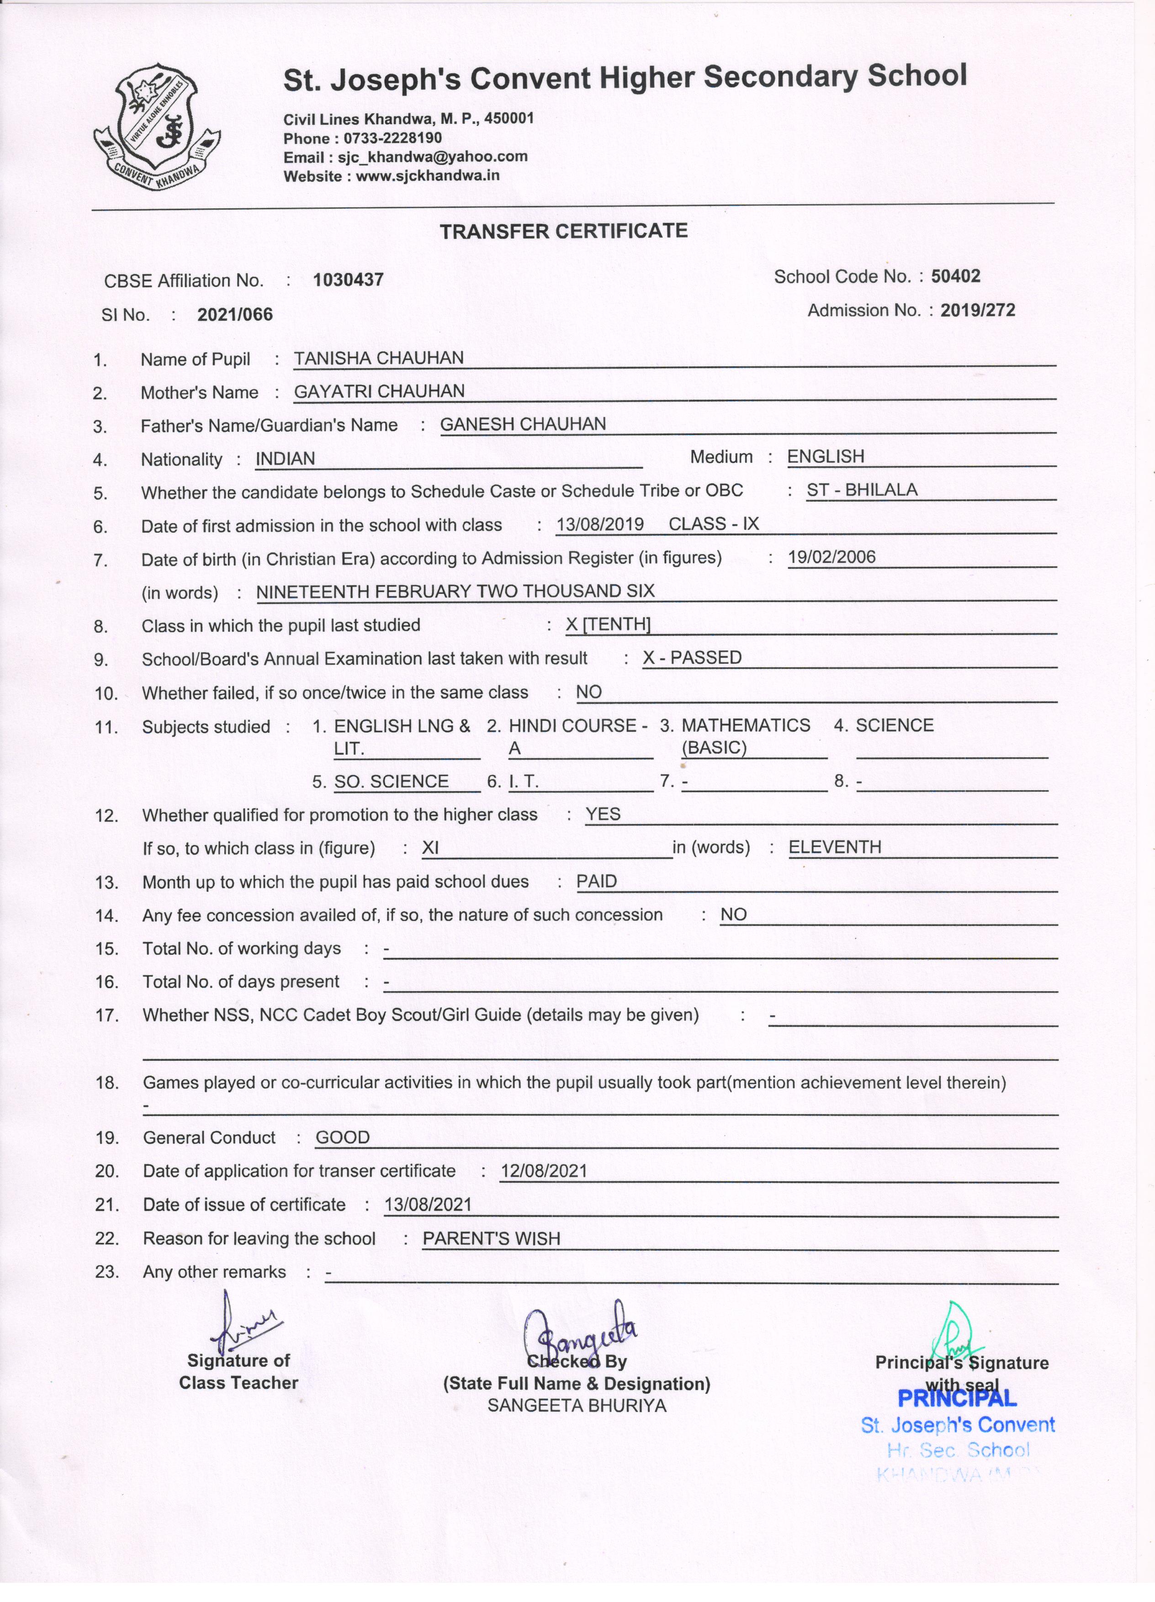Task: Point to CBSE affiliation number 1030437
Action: coord(348,280)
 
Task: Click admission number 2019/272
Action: coord(977,310)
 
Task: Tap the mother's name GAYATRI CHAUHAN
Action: coord(379,391)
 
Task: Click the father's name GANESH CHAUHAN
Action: coord(523,424)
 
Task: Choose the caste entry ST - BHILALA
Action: coord(862,490)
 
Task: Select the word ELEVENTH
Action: coord(834,847)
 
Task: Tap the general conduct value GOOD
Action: coord(343,1137)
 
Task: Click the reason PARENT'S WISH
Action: coord(491,1238)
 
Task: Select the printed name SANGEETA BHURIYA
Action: coord(577,1406)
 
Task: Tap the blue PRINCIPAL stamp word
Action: coord(957,1398)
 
